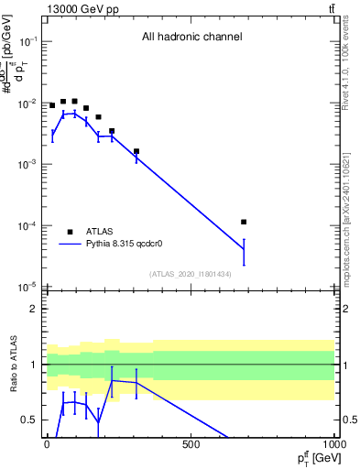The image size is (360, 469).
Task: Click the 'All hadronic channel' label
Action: click(191, 37)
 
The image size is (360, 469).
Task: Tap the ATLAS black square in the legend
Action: click(70, 232)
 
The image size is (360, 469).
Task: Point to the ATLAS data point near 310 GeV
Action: click(136, 151)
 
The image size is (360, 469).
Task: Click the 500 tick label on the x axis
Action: click(191, 443)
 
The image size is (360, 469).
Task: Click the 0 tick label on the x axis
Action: click(47, 443)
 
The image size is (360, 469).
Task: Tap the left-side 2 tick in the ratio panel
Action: click(34, 309)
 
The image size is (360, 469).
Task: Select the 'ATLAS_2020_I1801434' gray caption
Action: click(190, 275)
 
